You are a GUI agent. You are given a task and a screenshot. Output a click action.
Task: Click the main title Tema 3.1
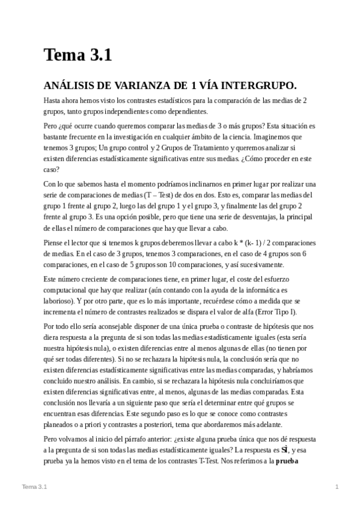(78, 55)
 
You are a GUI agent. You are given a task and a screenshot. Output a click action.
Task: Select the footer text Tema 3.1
(34, 486)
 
